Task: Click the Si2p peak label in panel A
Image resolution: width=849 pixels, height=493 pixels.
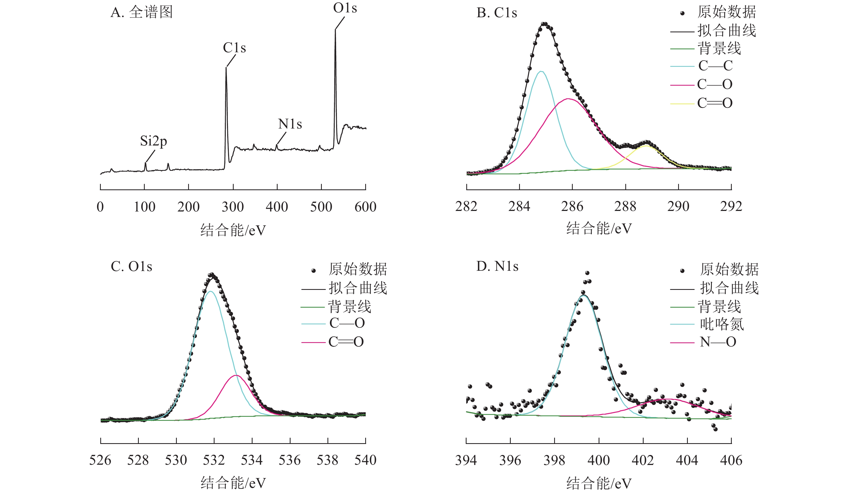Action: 153,141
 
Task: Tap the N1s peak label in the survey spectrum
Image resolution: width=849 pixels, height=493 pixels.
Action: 290,124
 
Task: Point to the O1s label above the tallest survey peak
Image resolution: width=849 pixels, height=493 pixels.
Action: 345,8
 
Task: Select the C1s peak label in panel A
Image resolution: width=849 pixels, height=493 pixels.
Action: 234,48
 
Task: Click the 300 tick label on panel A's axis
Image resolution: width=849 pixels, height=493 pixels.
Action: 233,207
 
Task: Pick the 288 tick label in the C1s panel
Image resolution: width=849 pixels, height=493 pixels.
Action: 625,206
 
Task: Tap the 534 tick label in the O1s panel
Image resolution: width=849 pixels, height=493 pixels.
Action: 252,460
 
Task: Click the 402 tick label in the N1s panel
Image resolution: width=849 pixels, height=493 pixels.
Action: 643,460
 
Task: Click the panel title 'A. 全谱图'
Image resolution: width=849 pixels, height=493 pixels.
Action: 141,12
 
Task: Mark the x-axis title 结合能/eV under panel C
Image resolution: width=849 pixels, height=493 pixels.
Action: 233,482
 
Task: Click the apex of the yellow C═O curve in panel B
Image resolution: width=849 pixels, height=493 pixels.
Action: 646,146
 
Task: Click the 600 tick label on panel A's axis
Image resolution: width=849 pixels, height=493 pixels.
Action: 365,207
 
